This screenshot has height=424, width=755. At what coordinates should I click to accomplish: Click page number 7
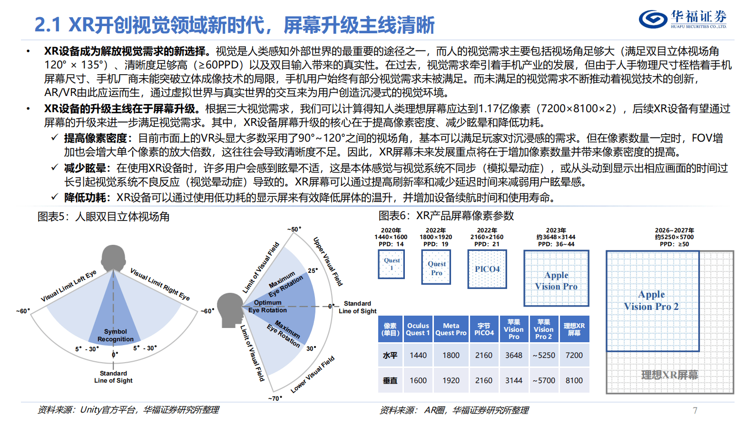pyautogui.click(x=695, y=410)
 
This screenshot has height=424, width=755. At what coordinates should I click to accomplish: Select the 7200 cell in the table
pyautogui.click(x=574, y=355)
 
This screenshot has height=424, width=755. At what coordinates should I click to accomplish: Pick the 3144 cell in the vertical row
pyautogui.click(x=514, y=380)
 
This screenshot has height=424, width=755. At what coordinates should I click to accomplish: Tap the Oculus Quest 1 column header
pyautogui.click(x=418, y=329)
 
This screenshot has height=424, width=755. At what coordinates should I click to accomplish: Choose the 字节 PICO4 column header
pyautogui.click(x=484, y=329)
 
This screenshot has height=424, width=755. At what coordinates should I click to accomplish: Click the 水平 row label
pyautogui.click(x=390, y=355)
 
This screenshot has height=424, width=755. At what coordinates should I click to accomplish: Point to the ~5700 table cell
pyautogui.click(x=544, y=380)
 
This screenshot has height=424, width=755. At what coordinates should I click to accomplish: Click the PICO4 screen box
pyautogui.click(x=487, y=269)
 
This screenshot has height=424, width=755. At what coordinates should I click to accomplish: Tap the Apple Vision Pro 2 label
pyautogui.click(x=651, y=300)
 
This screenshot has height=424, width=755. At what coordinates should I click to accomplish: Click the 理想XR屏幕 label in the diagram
pyautogui.click(x=669, y=375)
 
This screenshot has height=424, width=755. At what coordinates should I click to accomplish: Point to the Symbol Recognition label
pyautogui.click(x=116, y=335)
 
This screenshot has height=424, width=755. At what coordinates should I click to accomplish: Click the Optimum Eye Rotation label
pyautogui.click(x=267, y=306)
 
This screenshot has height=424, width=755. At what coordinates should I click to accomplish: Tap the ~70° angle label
pyautogui.click(x=275, y=398)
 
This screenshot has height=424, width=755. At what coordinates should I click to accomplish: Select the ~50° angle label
pyautogui.click(x=294, y=229)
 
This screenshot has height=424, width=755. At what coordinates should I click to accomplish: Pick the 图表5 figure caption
pyautogui.click(x=103, y=217)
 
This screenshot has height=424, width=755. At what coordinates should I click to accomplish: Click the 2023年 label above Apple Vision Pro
pyautogui.click(x=556, y=230)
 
